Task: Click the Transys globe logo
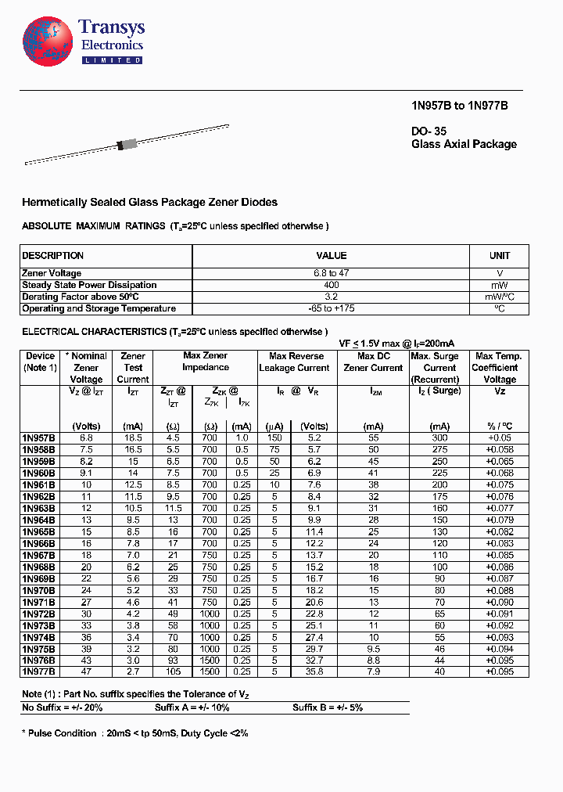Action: [x=49, y=41]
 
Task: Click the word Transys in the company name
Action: [x=112, y=28]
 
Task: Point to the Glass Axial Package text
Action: [x=464, y=144]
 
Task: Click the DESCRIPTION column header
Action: [x=53, y=256]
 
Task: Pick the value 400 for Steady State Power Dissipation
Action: [x=331, y=285]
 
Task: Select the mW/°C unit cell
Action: [x=499, y=297]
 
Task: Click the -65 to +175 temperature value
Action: [x=331, y=308]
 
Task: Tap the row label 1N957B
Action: [x=39, y=438]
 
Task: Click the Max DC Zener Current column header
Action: [x=373, y=362]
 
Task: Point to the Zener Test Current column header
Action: [x=133, y=367]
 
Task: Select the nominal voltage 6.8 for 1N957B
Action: [x=86, y=438]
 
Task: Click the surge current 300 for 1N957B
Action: [x=439, y=438]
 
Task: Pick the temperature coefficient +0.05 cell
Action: [x=499, y=438]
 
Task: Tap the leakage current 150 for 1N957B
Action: [x=274, y=438]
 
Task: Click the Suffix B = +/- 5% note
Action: [x=328, y=707]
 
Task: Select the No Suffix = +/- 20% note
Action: [x=63, y=707]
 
